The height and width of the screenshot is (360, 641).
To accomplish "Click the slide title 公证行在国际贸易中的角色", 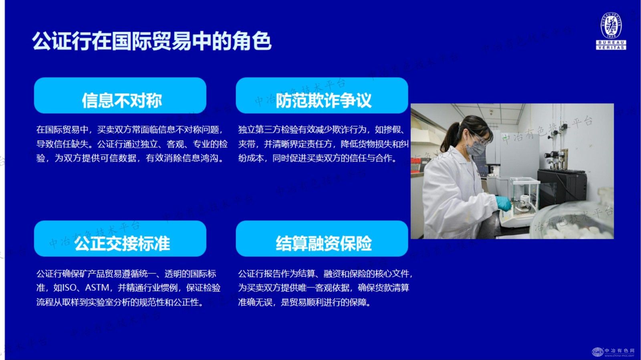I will pyautogui.click(x=151, y=41).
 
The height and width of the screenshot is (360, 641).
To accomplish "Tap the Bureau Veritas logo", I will pyautogui.click(x=611, y=31).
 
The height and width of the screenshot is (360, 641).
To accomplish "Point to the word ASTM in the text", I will pyautogui.click(x=97, y=288).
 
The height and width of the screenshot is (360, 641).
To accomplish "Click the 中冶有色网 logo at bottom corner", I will pyautogui.click(x=613, y=352).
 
